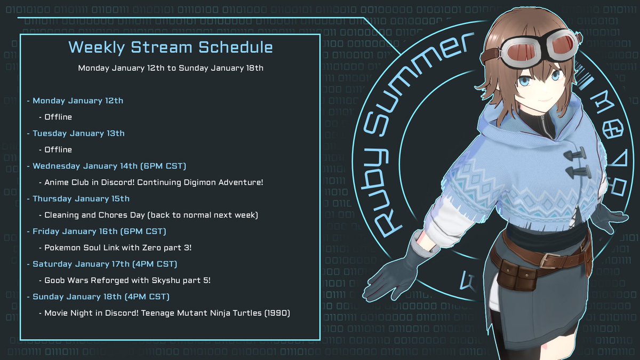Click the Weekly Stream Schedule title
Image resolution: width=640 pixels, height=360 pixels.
(170, 47)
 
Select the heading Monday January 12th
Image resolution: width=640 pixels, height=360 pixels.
(78, 100)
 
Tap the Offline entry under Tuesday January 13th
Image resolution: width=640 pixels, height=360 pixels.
(58, 150)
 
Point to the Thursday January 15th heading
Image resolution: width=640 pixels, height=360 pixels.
(81, 199)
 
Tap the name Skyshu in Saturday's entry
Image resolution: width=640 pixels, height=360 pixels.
(159, 281)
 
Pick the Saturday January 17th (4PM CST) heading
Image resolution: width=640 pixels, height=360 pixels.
(105, 264)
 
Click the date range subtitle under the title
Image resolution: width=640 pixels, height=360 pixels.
(170, 68)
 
